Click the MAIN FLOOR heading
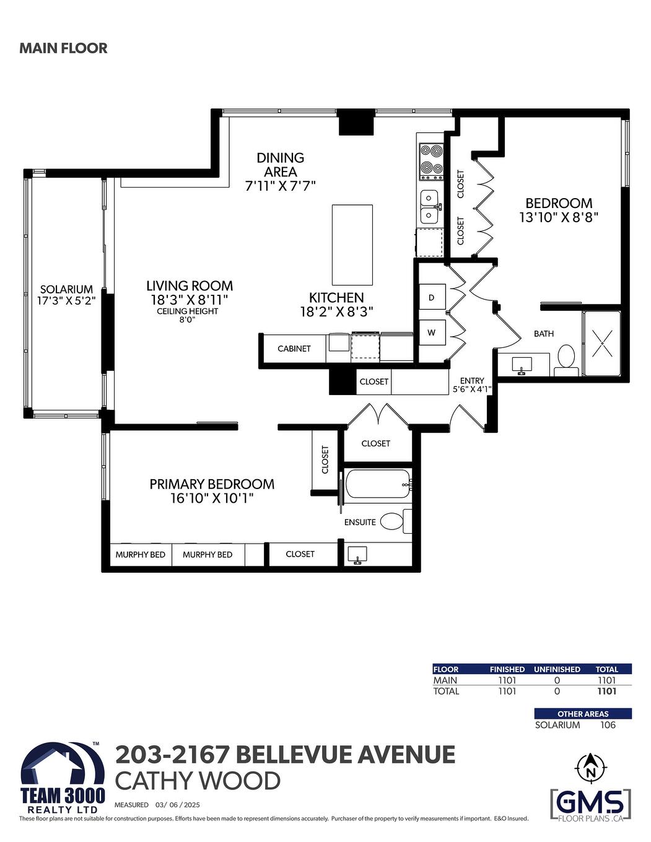coord(63,48)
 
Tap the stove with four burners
coord(431,159)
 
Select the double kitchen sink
coord(430,206)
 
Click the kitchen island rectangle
coord(352,245)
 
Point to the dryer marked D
coord(432,298)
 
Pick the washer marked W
coord(432,332)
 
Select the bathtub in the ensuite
coord(377,484)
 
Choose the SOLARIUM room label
coord(66,289)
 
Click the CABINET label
coord(294,349)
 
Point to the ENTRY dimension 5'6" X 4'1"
coord(472,389)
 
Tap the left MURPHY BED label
coord(140,555)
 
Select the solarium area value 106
coord(608,725)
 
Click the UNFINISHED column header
coord(557,669)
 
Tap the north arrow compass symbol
coord(590,768)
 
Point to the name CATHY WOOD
coord(198,781)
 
